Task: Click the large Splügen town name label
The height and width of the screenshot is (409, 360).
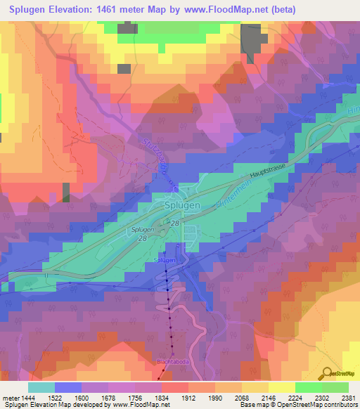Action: point(182,204)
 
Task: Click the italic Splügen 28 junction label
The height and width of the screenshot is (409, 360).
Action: point(140,233)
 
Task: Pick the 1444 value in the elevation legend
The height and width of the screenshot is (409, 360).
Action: point(29,398)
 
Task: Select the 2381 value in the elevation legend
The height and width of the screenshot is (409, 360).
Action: point(348,398)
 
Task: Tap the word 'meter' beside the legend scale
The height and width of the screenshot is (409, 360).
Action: point(10,398)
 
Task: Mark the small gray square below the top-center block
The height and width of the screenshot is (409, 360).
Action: point(123,69)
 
